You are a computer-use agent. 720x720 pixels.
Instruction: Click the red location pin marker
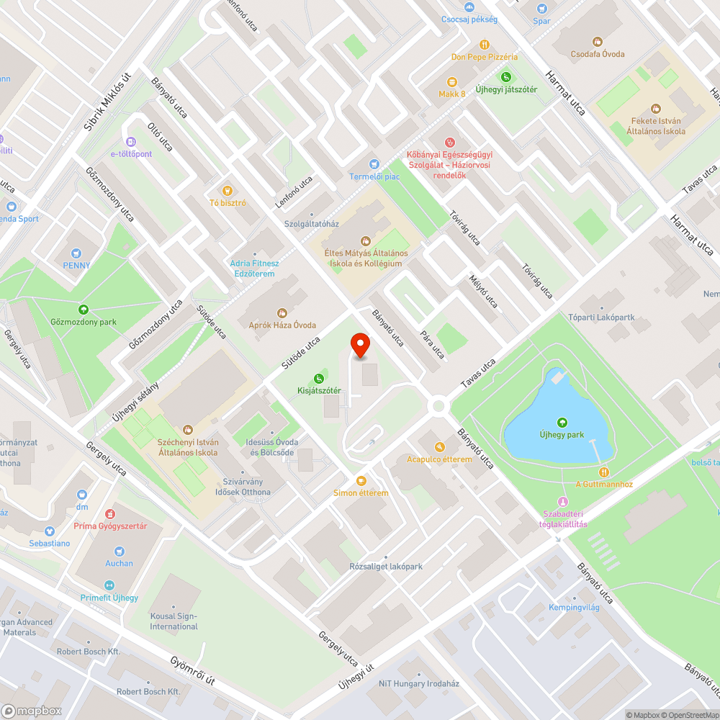[359, 346]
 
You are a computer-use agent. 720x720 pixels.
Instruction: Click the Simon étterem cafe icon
[361, 480]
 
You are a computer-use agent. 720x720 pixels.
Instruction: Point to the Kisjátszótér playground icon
[319, 378]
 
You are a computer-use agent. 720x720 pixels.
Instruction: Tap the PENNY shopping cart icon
[76, 253]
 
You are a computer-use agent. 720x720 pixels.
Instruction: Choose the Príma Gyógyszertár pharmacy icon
[110, 514]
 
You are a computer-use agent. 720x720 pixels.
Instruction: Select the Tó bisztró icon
[228, 190]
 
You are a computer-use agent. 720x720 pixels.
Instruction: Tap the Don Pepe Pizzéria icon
[485, 44]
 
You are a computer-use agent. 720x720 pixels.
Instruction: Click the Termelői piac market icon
[374, 164]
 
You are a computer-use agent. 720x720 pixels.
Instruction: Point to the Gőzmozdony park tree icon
[84, 310]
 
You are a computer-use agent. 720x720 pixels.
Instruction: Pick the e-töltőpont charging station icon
[130, 141]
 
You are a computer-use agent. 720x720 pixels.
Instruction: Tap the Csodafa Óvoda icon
[597, 42]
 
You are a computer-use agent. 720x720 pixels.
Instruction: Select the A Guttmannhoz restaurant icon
[603, 472]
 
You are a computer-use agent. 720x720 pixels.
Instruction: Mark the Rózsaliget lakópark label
[386, 567]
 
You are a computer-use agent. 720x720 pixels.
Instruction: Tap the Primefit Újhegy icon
[109, 585]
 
